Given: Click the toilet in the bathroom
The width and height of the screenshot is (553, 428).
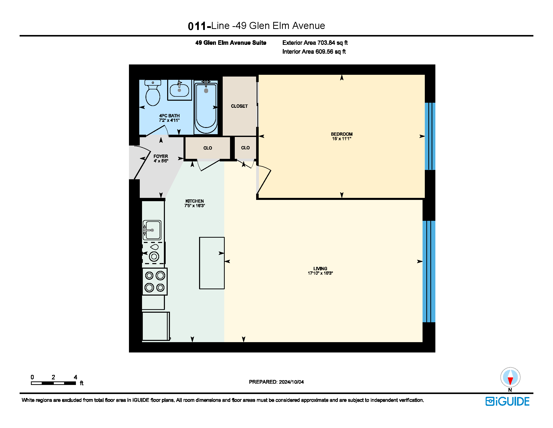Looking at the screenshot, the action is click(x=153, y=93).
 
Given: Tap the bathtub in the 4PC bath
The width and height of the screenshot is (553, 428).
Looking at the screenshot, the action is click(x=206, y=107).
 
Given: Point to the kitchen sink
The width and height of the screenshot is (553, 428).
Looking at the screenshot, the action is click(x=152, y=230).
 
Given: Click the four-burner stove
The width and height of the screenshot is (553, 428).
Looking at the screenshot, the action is click(x=155, y=281).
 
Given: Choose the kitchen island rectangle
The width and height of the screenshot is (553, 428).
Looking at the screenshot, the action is click(x=212, y=263).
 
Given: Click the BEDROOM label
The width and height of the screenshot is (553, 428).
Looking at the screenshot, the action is click(x=342, y=134).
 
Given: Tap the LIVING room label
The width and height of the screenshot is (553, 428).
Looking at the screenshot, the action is click(x=320, y=269).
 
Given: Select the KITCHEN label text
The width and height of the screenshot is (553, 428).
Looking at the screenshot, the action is click(x=195, y=201).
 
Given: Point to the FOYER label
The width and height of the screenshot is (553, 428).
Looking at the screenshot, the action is click(x=161, y=156).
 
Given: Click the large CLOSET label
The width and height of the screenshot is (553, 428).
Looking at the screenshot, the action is click(x=239, y=106).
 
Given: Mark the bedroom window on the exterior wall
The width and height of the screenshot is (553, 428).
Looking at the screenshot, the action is click(x=430, y=136).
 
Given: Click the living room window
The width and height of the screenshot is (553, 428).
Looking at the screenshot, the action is click(x=429, y=271).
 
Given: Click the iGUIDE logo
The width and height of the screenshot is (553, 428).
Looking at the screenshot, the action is click(x=508, y=401).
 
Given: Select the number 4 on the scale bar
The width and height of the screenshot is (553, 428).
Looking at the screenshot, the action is click(x=75, y=377).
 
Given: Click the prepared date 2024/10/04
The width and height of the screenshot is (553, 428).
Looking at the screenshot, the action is click(x=291, y=382).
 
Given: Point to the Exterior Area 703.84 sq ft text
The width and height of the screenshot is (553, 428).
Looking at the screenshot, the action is click(x=315, y=43).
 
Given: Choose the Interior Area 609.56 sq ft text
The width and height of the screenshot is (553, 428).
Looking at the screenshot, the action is click(x=314, y=52).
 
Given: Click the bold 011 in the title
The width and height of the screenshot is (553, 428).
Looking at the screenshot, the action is click(x=197, y=26).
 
